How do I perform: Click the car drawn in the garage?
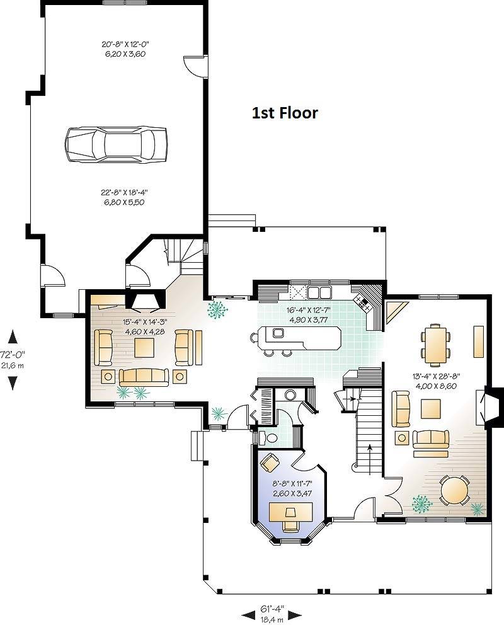pos(116,144)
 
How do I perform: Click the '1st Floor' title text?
pos(285,113)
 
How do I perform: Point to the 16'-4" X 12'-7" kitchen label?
pos(308,310)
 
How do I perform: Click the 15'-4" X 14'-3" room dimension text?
pos(145,322)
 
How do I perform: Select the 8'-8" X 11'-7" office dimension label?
pos(292,483)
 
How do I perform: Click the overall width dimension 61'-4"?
pos(272,609)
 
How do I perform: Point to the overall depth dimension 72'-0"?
pos(13,353)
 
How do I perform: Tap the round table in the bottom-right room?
pos(455,490)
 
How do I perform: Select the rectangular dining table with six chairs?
pos(435,345)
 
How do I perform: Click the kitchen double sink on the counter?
pos(319,292)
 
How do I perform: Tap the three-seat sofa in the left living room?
pos(144,377)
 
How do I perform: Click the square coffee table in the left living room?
pos(144,347)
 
